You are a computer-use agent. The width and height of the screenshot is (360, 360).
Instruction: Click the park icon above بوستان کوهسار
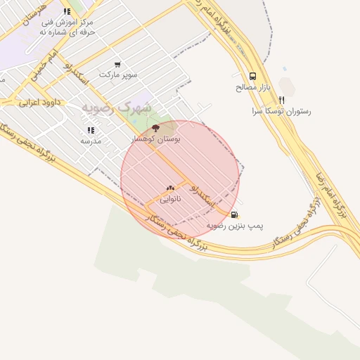click(155, 128)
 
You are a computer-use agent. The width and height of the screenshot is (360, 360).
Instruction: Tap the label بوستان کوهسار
click(156, 139)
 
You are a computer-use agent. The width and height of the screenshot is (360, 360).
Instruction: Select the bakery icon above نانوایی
click(170, 188)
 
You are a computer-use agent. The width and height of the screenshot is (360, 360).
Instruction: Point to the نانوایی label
click(170, 199)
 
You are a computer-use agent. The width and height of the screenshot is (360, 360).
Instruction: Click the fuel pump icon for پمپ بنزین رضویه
click(234, 214)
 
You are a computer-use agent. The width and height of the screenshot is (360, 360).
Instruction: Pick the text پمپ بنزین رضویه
click(235, 226)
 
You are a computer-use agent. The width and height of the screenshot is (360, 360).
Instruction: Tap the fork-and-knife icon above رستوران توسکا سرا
click(281, 100)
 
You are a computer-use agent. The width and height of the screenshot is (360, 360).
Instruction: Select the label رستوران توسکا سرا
click(281, 111)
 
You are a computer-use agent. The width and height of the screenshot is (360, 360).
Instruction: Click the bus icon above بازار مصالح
click(252, 76)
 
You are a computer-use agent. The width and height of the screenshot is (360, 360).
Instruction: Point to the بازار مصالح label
click(252, 87)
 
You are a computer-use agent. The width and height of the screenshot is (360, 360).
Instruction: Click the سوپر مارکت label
click(118, 74)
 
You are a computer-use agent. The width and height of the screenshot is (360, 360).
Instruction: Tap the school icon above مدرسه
click(91, 130)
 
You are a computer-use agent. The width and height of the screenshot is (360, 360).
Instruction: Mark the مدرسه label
click(91, 141)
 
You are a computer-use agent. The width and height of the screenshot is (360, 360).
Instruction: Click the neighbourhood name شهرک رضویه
click(116, 107)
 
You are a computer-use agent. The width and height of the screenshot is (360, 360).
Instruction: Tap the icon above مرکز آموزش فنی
click(67, 11)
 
